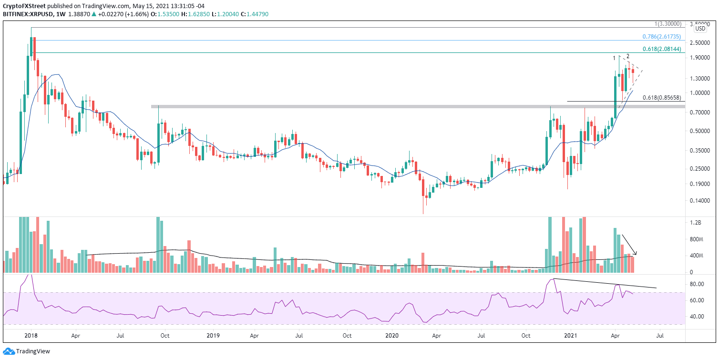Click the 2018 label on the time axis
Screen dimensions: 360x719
31,336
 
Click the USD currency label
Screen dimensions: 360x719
700,29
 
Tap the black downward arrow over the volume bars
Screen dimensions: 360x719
629,244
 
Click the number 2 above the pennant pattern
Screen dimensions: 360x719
628,56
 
